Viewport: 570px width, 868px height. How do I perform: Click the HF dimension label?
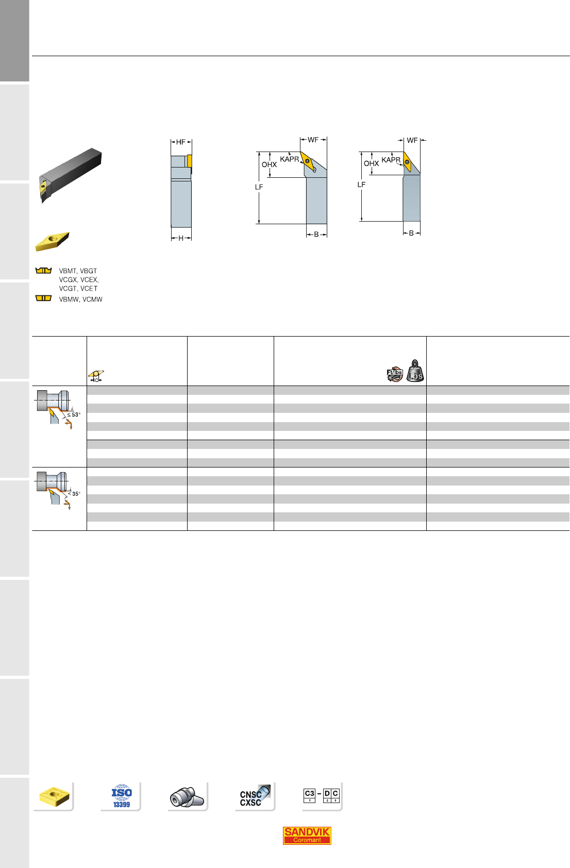[x=180, y=142]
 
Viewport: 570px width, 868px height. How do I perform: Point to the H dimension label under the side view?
[x=181, y=238]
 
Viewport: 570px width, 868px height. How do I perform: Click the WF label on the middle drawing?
[x=313, y=140]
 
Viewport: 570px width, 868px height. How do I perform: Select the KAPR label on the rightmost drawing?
[x=391, y=160]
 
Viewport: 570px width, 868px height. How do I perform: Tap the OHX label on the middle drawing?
[x=270, y=165]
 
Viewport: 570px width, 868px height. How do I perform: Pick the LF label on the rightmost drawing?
[x=361, y=185]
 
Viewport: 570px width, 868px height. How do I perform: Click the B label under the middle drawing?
[x=316, y=235]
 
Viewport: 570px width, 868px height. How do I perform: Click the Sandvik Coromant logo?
[x=307, y=836]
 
